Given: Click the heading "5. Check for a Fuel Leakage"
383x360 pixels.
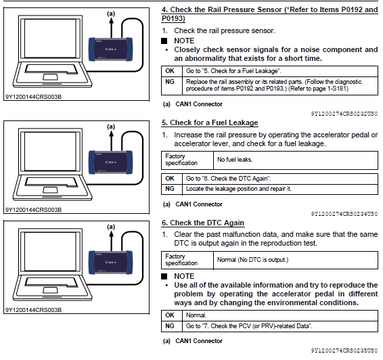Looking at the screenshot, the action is click(x=210, y=122).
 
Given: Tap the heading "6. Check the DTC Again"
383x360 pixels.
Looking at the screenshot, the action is click(x=203, y=223).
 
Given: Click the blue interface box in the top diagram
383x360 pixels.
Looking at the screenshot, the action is click(x=111, y=49).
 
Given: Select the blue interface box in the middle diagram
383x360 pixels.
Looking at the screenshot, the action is click(x=111, y=162).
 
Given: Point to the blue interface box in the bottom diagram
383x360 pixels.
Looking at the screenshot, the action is click(x=111, y=263).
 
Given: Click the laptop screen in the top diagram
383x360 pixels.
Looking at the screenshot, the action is click(x=50, y=39).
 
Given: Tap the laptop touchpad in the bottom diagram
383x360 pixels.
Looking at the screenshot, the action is click(x=50, y=290).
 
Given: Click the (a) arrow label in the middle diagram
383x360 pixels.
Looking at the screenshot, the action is click(x=111, y=127).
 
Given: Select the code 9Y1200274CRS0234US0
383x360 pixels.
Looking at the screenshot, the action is click(x=344, y=214).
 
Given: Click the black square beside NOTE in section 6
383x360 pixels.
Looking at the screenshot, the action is click(x=164, y=276).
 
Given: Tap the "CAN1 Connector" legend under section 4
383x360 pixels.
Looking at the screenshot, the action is click(x=199, y=104).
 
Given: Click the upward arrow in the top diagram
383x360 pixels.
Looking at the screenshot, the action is click(x=112, y=28).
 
